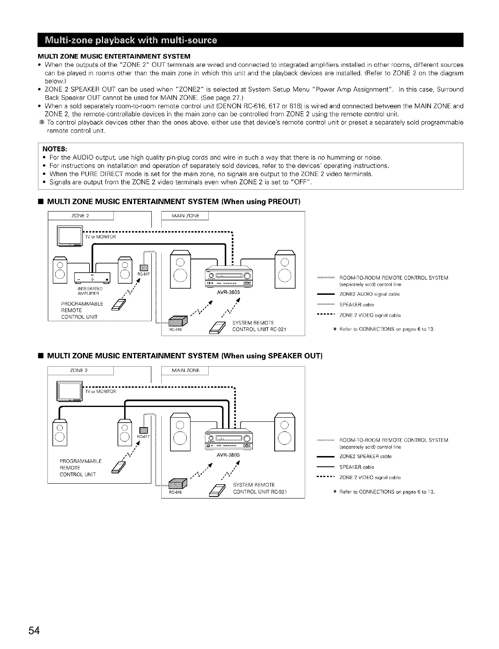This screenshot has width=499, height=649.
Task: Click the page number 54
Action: point(34,631)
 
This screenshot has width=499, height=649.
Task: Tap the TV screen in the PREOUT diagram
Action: point(71,236)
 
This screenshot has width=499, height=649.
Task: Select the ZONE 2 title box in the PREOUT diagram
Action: point(80,216)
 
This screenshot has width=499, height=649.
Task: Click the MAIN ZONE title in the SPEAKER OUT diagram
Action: point(185,371)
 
